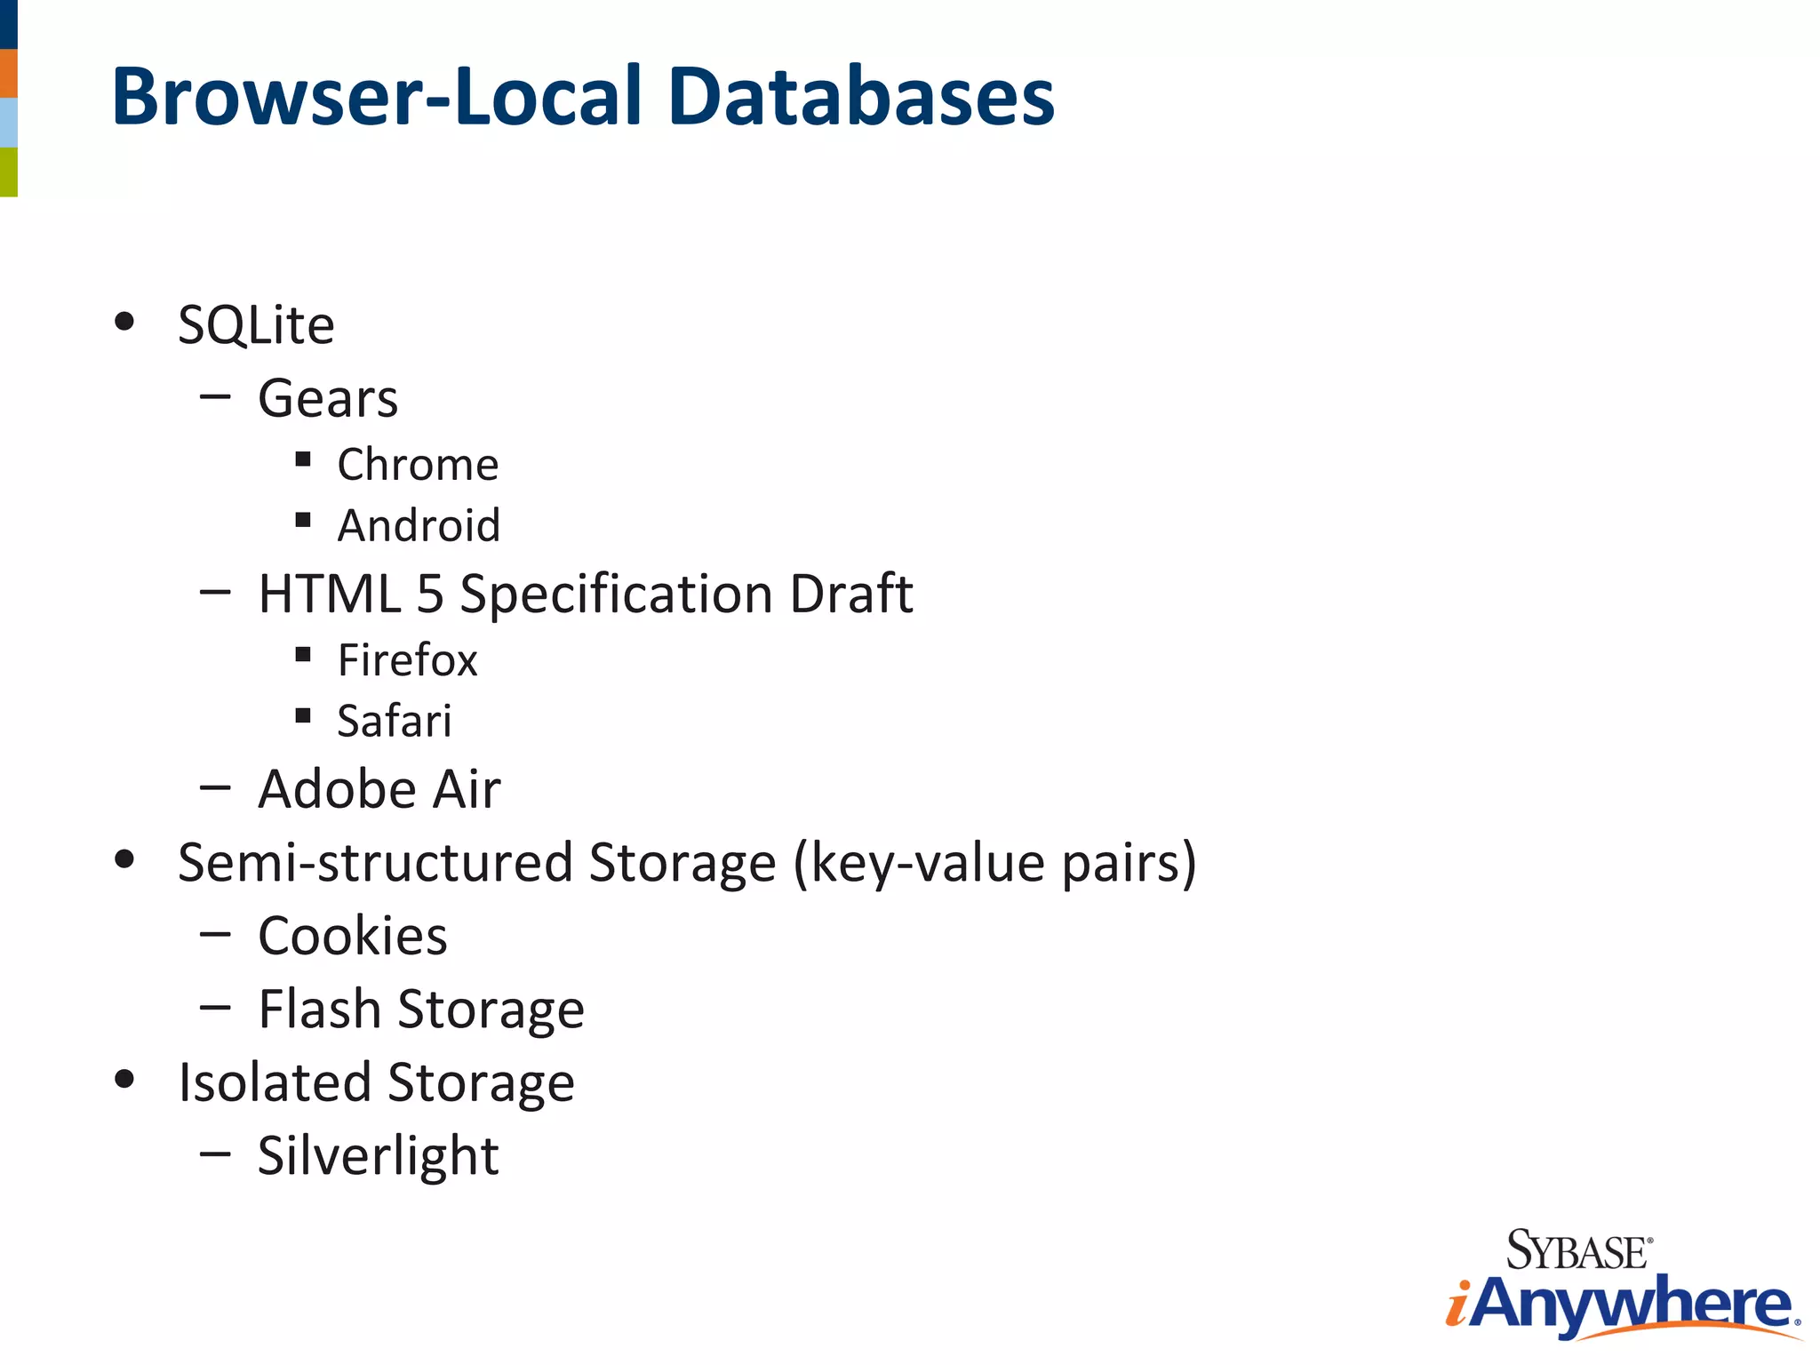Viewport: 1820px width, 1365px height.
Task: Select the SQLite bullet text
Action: pyautogui.click(x=256, y=325)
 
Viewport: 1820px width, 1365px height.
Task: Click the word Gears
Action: pyautogui.click(x=328, y=398)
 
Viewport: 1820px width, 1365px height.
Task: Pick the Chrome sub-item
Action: pyautogui.click(x=418, y=465)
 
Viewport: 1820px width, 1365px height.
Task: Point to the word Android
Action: pyautogui.click(x=419, y=525)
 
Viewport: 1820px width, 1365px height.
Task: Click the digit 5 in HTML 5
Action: pyautogui.click(x=430, y=594)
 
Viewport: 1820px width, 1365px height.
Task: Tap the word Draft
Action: pyautogui.click(x=850, y=594)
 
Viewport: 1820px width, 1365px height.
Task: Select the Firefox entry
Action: pyautogui.click(x=407, y=660)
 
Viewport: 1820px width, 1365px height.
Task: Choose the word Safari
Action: pyautogui.click(x=394, y=721)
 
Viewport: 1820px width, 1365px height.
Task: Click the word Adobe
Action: pyautogui.click(x=337, y=789)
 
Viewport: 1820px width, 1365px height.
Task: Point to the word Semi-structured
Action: pyautogui.click(x=375, y=863)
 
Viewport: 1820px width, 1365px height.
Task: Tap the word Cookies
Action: pyautogui.click(x=353, y=937)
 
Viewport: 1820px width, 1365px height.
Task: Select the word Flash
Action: pyautogui.click(x=320, y=1010)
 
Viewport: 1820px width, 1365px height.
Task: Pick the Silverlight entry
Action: pyautogui.click(x=378, y=1156)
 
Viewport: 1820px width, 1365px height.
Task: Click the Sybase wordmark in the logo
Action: pyautogui.click(x=1578, y=1250)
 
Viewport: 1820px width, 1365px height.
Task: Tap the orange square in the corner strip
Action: pyautogui.click(x=8, y=73)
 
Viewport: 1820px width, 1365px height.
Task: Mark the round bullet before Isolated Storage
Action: pyautogui.click(x=124, y=1080)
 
